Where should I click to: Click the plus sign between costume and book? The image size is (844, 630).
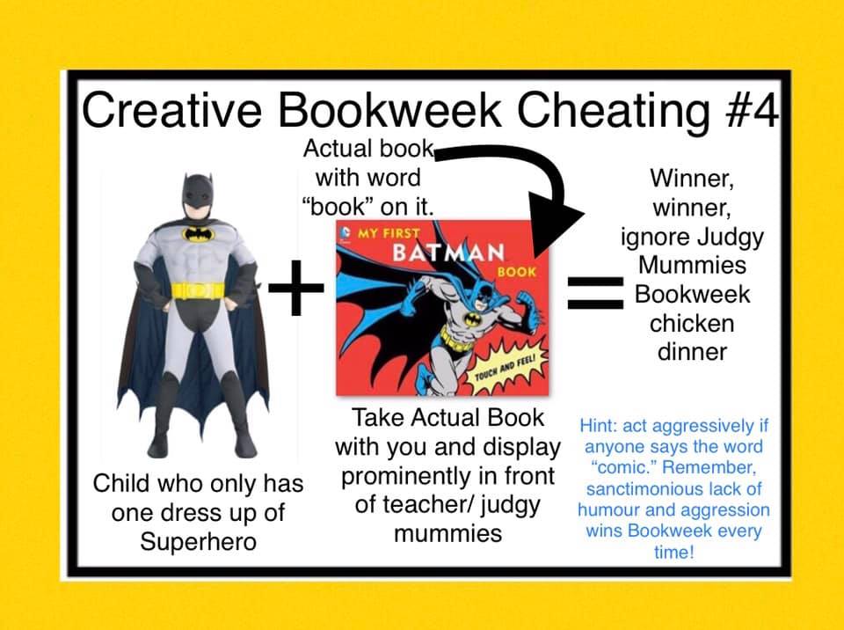tap(296, 287)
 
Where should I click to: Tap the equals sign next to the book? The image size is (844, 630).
tap(596, 294)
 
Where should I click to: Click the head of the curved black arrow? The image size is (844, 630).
tap(555, 223)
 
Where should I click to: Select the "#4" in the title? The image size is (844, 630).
tap(751, 111)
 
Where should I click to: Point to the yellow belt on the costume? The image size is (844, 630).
tap(198, 291)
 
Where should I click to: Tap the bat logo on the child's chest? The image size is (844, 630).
tap(199, 234)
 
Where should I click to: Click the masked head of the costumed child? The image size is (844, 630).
tap(197, 196)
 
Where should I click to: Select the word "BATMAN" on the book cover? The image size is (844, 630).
tap(448, 253)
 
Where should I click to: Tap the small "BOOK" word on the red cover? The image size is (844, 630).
tap(517, 272)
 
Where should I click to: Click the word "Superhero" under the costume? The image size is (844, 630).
tap(198, 541)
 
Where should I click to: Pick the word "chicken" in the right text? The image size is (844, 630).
tap(692, 323)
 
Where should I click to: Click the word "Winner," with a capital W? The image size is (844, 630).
tap(692, 179)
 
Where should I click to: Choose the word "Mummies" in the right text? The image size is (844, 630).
tap(692, 265)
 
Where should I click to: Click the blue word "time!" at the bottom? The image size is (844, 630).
tap(674, 552)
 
